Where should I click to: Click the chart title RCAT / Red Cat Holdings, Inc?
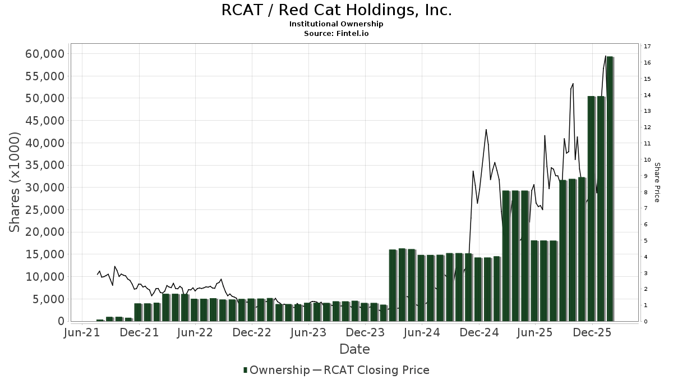point(336,10)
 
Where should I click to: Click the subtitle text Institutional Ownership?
point(336,24)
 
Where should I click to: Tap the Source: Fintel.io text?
point(336,34)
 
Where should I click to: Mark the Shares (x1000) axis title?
point(15,182)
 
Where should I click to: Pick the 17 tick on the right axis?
point(647,47)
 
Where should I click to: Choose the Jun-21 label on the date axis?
point(82,332)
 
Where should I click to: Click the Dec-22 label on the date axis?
point(252,332)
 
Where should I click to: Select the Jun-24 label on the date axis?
point(421,332)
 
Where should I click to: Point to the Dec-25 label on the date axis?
point(591,332)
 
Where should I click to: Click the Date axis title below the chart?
point(354,349)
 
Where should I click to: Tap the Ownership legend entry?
point(279,370)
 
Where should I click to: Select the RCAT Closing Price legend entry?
point(376,370)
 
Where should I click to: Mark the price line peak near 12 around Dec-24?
point(486,130)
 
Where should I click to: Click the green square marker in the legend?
point(245,370)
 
